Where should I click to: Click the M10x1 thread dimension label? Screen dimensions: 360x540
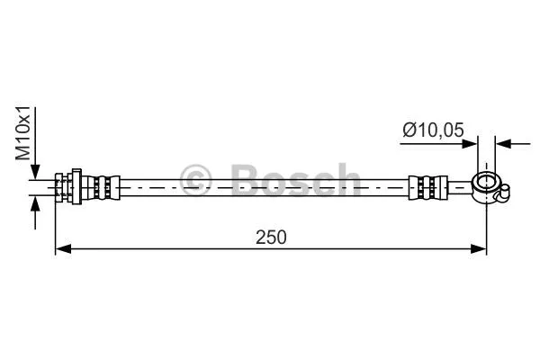point(24,134)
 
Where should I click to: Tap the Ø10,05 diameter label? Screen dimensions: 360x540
point(433,130)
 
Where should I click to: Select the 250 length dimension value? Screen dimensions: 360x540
point(269,238)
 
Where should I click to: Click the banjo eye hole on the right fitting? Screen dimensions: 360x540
point(486,185)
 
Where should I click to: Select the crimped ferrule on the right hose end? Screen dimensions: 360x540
point(427,188)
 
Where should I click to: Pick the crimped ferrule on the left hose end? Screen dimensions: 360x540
point(104,188)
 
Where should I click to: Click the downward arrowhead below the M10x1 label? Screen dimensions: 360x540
point(35,173)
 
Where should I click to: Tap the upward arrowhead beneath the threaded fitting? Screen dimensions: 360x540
point(35,204)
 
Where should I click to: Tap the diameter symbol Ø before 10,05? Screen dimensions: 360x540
point(408,130)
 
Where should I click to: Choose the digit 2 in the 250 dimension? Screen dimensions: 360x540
point(259,238)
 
